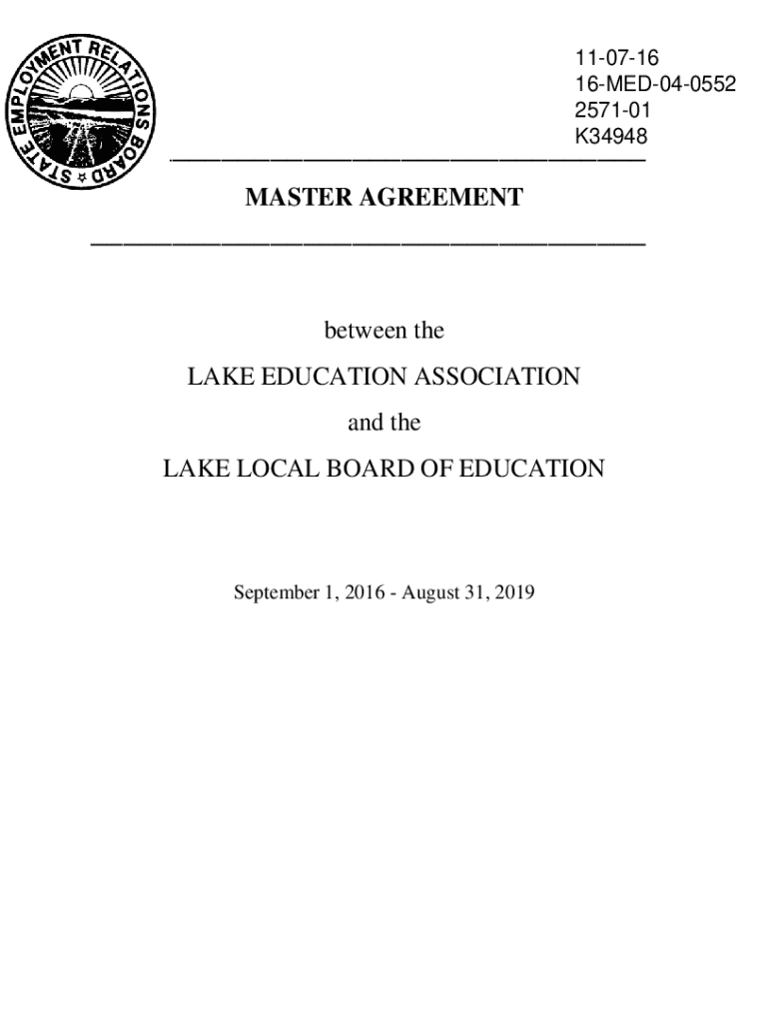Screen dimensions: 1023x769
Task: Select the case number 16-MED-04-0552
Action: [654, 85]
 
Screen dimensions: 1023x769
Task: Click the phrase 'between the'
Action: [384, 331]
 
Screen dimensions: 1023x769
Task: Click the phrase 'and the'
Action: [384, 423]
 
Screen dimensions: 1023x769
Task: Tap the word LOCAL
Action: [279, 469]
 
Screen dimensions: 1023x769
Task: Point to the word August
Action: [434, 593]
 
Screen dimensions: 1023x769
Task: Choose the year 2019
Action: [515, 593]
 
